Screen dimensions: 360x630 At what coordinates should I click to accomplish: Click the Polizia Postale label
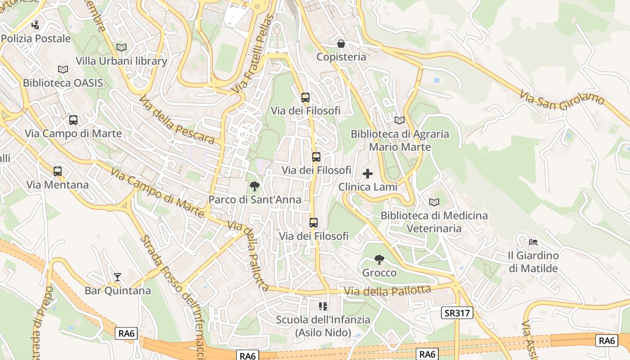pyautogui.click(x=36, y=39)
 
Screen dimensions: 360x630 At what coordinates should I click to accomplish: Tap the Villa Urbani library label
pyautogui.click(x=121, y=61)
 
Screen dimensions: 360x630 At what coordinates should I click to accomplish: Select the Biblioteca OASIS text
pyautogui.click(x=63, y=83)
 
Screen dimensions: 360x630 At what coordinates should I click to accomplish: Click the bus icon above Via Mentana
pyautogui.click(x=58, y=171)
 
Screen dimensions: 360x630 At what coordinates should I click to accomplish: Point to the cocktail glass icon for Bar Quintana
pyautogui.click(x=117, y=277)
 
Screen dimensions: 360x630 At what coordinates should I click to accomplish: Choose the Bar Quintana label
pyautogui.click(x=117, y=291)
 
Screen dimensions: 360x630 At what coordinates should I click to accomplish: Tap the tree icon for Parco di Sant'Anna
pyautogui.click(x=255, y=186)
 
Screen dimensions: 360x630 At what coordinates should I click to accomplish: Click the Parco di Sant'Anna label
pyautogui.click(x=255, y=199)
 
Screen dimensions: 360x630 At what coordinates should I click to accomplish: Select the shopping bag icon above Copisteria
pyautogui.click(x=341, y=44)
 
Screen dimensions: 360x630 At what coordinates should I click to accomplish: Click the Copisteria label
pyautogui.click(x=341, y=57)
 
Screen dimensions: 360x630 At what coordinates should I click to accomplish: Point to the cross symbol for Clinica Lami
pyautogui.click(x=368, y=174)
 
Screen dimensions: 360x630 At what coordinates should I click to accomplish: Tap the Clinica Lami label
pyautogui.click(x=368, y=187)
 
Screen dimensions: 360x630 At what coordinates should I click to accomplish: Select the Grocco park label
pyautogui.click(x=379, y=273)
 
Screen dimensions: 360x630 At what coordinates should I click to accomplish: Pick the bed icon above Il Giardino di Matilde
pyautogui.click(x=533, y=242)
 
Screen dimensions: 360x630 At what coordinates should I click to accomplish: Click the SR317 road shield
pyautogui.click(x=457, y=313)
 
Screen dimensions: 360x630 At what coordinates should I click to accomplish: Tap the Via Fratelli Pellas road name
pyautogui.click(x=254, y=54)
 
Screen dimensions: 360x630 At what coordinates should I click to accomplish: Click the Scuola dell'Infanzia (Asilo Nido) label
pyautogui.click(x=323, y=326)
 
